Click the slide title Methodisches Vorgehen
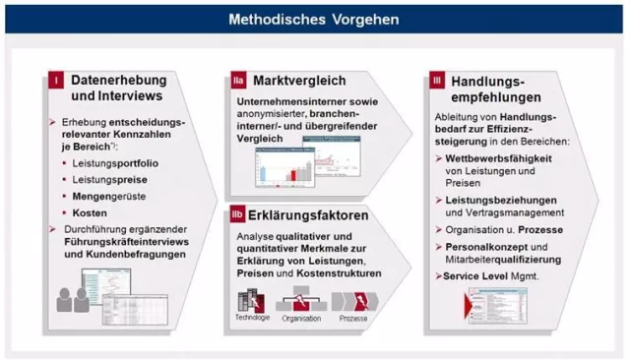pos(314,18)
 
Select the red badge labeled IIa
pos(236,78)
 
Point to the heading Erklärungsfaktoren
pos(310,214)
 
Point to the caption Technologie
pos(251,318)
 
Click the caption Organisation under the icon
pos(301,319)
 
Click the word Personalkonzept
pos(489,245)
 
